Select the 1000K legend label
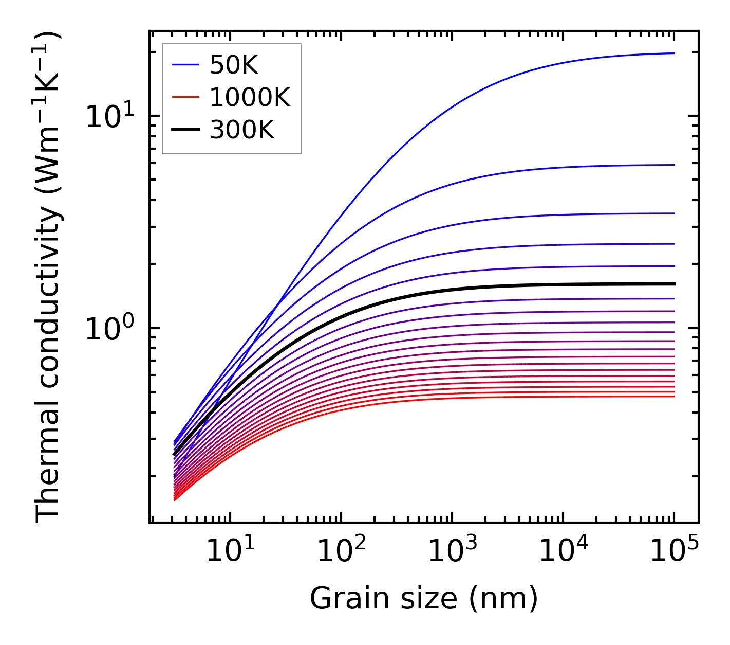[x=250, y=97]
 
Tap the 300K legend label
[x=242, y=130]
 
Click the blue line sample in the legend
[x=185, y=65]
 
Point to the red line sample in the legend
[x=185, y=97]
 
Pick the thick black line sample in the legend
[x=185, y=130]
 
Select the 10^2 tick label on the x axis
[x=341, y=551]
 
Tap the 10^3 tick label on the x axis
[x=452, y=551]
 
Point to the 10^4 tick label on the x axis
[x=563, y=551]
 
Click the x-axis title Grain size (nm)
[x=424, y=599]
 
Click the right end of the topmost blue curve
[x=673, y=53]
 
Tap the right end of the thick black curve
[x=673, y=284]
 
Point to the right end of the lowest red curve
[x=673, y=396]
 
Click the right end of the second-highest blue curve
[x=673, y=165]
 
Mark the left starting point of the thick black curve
[x=175, y=454]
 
